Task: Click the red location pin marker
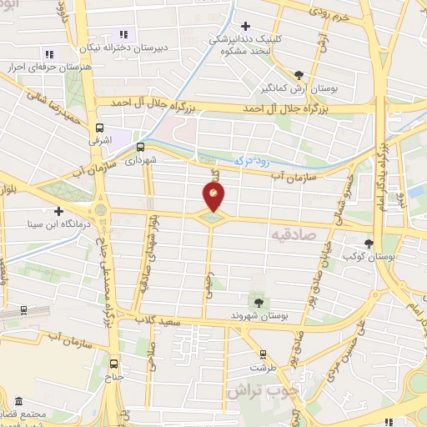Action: pyautogui.click(x=214, y=197)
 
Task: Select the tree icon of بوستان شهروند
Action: pyautogui.click(x=257, y=298)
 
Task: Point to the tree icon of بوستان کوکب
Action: pyautogui.click(x=369, y=243)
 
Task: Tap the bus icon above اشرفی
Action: pyautogui.click(x=100, y=128)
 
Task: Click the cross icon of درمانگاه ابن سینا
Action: pyautogui.click(x=58, y=211)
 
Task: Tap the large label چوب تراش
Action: pyautogui.click(x=259, y=389)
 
